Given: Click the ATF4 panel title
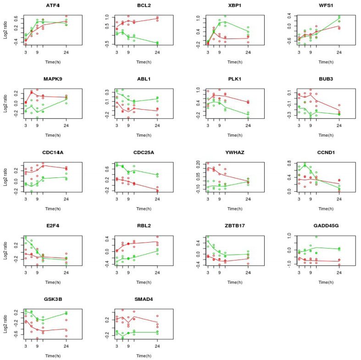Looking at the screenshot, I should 53,6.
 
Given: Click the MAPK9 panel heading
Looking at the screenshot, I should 53,78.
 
